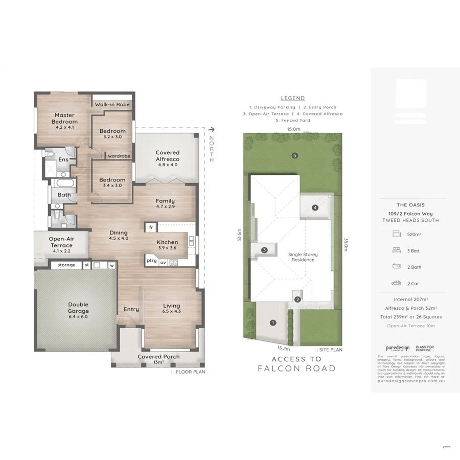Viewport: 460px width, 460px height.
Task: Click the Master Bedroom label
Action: (65, 119)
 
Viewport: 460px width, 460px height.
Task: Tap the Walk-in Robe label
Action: (112, 104)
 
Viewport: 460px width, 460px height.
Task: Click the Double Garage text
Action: (78, 308)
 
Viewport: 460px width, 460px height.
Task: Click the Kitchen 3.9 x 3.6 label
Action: (167, 245)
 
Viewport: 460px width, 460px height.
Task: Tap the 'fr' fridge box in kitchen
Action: (151, 227)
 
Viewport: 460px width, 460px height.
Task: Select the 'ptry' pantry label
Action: (151, 261)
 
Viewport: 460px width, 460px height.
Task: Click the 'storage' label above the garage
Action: (66, 265)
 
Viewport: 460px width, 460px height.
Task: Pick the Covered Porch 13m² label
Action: (158, 359)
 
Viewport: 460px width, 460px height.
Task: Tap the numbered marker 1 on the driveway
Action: (272, 323)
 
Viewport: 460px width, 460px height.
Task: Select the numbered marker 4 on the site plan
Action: (315, 208)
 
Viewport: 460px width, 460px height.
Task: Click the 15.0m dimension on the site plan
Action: (293, 129)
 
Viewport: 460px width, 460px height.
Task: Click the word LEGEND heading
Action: (293, 98)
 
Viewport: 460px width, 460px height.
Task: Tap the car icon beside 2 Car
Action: (396, 283)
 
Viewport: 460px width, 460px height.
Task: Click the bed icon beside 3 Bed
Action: (396, 251)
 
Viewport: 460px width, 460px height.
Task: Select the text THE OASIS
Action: (410, 205)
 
